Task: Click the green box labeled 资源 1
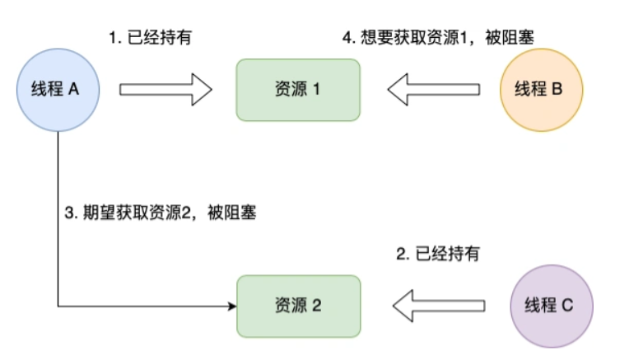(x=298, y=89)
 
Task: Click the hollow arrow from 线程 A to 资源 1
(x=166, y=89)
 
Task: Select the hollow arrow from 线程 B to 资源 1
(x=434, y=89)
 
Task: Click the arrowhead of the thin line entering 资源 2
(x=231, y=306)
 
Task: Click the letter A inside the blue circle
(x=74, y=89)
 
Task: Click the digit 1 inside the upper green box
(x=315, y=89)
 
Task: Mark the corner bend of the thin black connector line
(x=58, y=306)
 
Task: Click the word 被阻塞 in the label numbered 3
(x=235, y=213)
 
